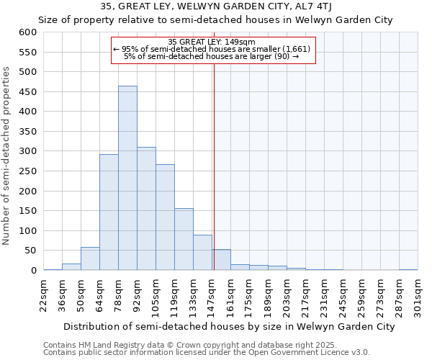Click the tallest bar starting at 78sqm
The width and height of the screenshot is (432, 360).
pyautogui.click(x=127, y=178)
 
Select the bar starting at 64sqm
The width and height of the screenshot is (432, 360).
pyautogui.click(x=109, y=212)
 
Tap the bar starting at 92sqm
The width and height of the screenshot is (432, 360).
pyautogui.click(x=146, y=208)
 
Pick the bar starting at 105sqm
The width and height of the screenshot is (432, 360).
pyautogui.click(x=165, y=217)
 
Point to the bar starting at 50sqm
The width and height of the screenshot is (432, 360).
pyautogui.click(x=90, y=258)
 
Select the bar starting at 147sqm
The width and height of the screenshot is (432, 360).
pyautogui.click(x=221, y=260)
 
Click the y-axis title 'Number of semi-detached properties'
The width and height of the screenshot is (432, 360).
pyautogui.click(x=7, y=156)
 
